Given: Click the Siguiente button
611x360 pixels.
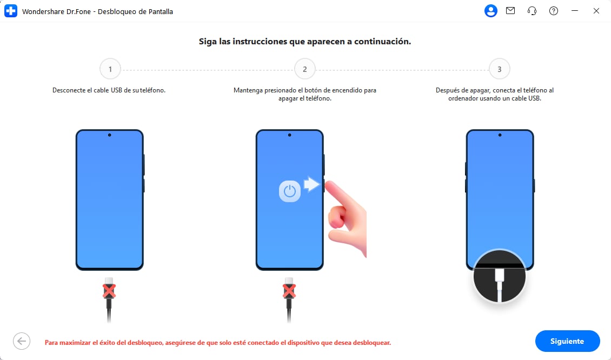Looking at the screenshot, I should tap(567, 341).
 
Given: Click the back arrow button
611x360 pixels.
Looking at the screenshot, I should tap(22, 341).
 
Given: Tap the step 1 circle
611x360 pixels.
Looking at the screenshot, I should tap(110, 69).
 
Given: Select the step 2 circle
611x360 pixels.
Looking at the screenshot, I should tap(305, 69).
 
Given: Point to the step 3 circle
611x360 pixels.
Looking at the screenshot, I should tap(499, 69).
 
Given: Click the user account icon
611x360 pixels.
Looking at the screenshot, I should tap(490, 11).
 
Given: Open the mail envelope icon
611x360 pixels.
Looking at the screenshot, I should tap(510, 11).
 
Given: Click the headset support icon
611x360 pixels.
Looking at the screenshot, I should tap(532, 11).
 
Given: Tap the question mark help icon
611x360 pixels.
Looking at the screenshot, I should tap(553, 11).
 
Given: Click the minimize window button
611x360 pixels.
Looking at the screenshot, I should tap(575, 11).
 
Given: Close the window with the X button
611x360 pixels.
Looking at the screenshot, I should tap(596, 11).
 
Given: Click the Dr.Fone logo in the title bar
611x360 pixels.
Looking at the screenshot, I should tap(11, 11).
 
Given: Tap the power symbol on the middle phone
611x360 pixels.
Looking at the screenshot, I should tap(290, 191).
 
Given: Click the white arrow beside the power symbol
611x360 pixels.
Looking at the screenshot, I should tap(311, 185).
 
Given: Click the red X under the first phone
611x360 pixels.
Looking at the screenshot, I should tap(110, 291).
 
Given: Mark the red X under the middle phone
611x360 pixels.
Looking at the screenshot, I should tap(289, 291).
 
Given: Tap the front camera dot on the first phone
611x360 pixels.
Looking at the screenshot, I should tap(110, 135).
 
